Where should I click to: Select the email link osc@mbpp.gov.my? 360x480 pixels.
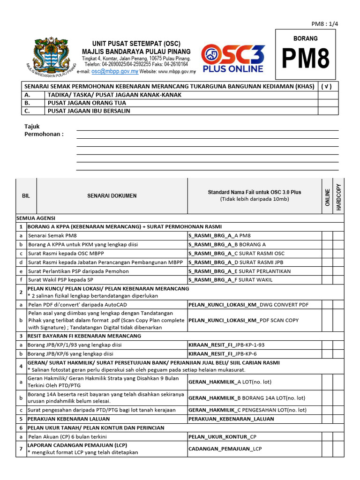[114, 72]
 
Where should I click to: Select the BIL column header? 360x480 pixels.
[26, 196]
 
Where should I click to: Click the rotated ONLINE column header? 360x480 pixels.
[327, 196]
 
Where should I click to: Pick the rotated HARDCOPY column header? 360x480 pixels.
[338, 196]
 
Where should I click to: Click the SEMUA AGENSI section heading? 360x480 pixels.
[36, 218]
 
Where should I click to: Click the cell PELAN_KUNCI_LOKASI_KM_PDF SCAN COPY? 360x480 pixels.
[243, 320]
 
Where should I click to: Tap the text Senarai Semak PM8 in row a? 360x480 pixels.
[52, 236]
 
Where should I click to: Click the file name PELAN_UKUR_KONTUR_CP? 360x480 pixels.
[222, 436]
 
